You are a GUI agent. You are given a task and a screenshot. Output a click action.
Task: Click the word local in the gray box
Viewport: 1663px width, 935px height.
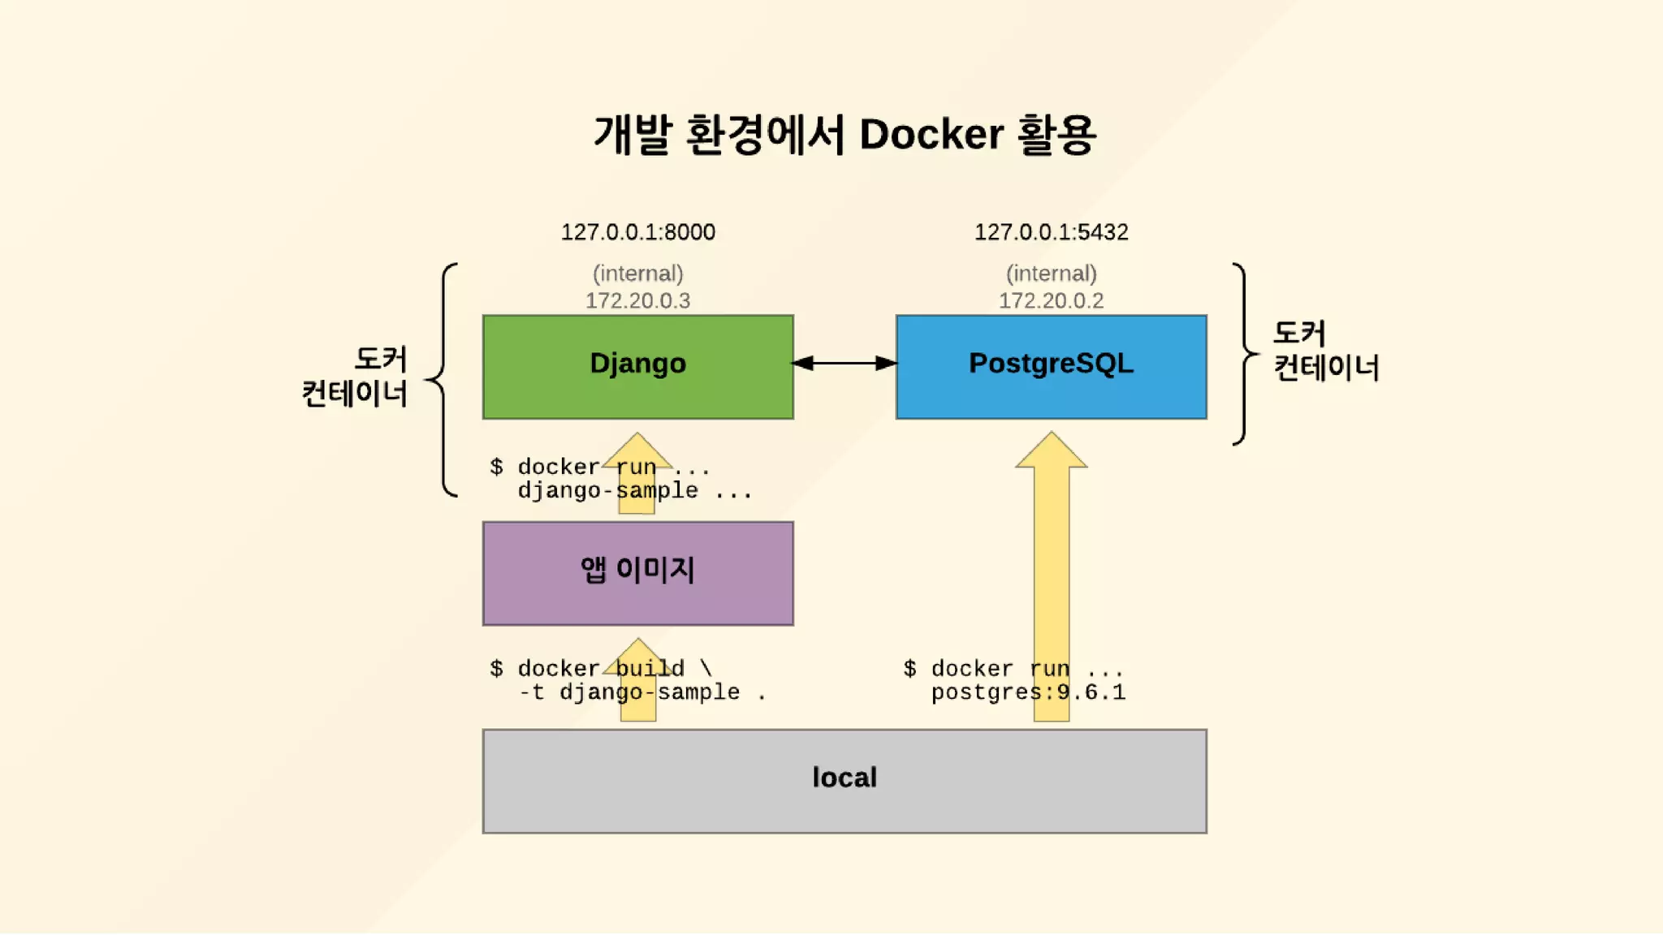pyautogui.click(x=844, y=778)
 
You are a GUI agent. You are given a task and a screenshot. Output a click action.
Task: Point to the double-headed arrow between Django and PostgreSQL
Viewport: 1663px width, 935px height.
pyautogui.click(x=844, y=363)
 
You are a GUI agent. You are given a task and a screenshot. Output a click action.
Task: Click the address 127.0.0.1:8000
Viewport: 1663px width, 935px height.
pyautogui.click(x=637, y=232)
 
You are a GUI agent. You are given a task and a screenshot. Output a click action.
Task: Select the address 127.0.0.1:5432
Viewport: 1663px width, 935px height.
pyautogui.click(x=1051, y=232)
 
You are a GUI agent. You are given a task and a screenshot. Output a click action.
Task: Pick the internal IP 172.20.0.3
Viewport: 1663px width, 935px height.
pyautogui.click(x=637, y=301)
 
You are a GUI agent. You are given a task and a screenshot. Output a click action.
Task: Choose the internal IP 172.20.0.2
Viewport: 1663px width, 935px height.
pyautogui.click(x=1051, y=301)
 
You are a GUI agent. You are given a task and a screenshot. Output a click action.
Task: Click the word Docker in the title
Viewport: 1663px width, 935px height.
pyautogui.click(x=931, y=135)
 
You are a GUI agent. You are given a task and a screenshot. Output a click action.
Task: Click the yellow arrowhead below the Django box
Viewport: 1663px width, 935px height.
pyautogui.click(x=637, y=451)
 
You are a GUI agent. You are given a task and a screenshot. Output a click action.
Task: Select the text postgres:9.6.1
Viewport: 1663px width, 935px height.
pyautogui.click(x=1028, y=692)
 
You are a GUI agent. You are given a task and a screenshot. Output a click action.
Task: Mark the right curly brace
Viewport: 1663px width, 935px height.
pyautogui.click(x=1245, y=354)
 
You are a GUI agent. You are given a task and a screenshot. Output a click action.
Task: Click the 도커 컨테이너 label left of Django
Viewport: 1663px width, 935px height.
pyautogui.click(x=355, y=377)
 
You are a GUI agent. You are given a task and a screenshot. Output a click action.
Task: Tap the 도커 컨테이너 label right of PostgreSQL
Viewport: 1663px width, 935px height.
pyautogui.click(x=1325, y=351)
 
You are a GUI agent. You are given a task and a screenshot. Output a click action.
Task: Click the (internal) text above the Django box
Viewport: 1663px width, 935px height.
pyautogui.click(x=637, y=274)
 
